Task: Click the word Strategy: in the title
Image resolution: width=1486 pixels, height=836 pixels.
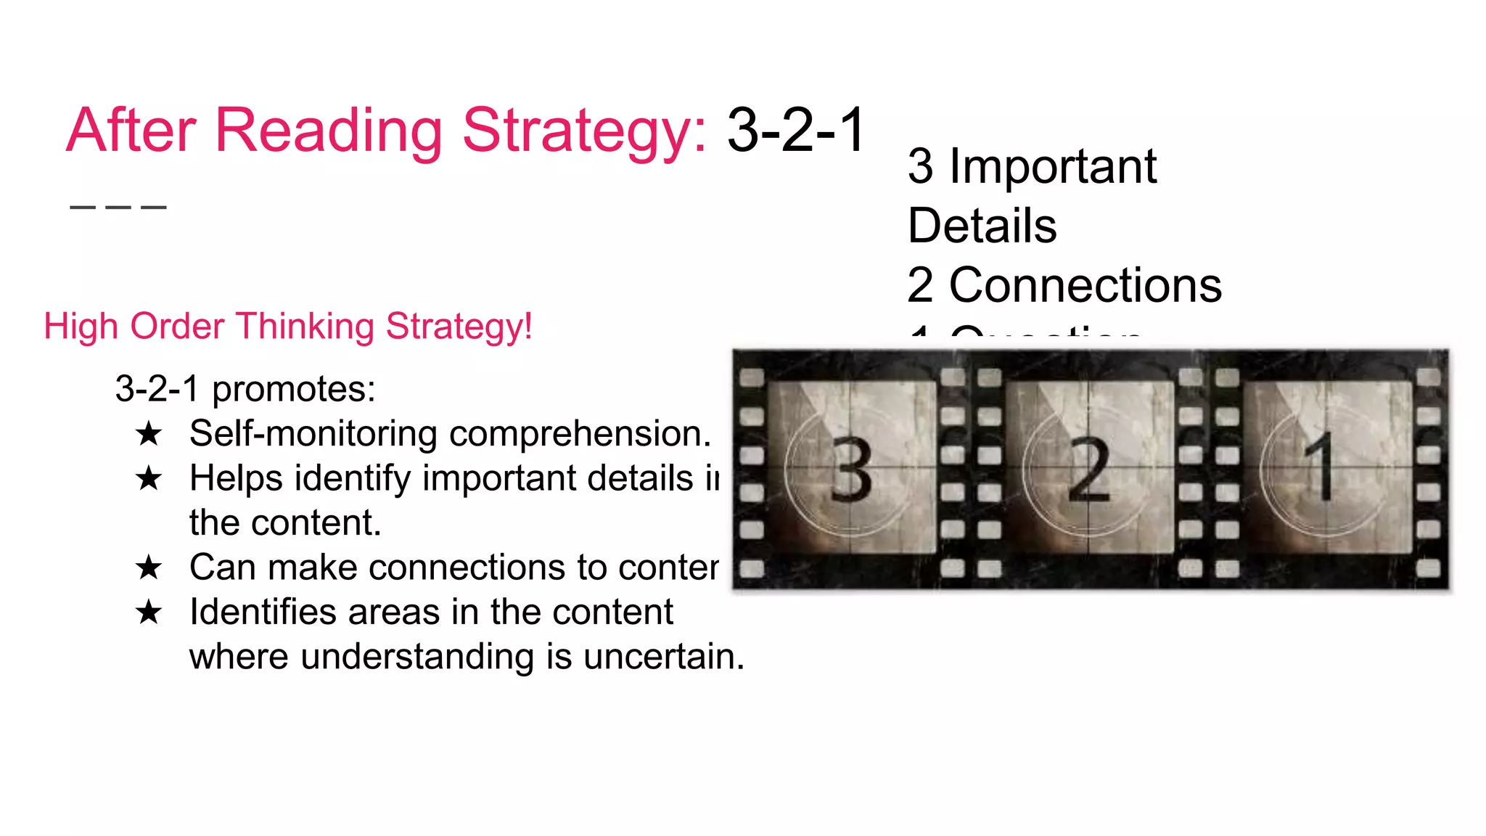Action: pyautogui.click(x=584, y=131)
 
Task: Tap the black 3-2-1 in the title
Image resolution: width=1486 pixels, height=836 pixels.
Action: pyautogui.click(x=796, y=131)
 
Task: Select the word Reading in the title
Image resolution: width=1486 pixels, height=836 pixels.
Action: pyautogui.click(x=329, y=131)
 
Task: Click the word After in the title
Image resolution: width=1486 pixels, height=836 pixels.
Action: pyautogui.click(x=131, y=131)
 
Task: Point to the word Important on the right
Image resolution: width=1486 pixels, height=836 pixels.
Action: pyautogui.click(x=1053, y=166)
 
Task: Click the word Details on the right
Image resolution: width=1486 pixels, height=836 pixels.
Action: pyautogui.click(x=982, y=226)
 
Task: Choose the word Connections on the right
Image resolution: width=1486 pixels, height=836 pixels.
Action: pyautogui.click(x=1085, y=285)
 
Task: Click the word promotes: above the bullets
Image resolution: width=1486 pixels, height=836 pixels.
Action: pyautogui.click(x=293, y=389)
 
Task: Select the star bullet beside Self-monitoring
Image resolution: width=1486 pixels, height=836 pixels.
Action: pyautogui.click(x=149, y=434)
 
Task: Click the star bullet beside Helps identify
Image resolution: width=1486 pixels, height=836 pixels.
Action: pyautogui.click(x=149, y=479)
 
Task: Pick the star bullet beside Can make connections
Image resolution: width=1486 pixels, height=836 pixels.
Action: pyautogui.click(x=149, y=567)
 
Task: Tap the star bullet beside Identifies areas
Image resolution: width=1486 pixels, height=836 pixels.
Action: pyautogui.click(x=149, y=612)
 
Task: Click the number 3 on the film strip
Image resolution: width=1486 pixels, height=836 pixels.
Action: pyautogui.click(x=851, y=470)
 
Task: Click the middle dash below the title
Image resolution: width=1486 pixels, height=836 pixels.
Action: pyautogui.click(x=118, y=208)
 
